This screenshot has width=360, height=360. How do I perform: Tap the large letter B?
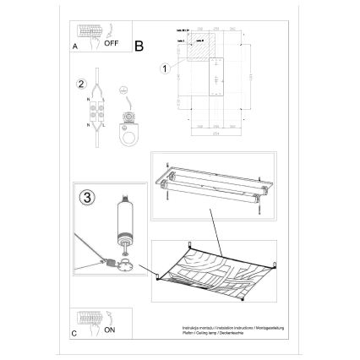coord(139,45)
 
